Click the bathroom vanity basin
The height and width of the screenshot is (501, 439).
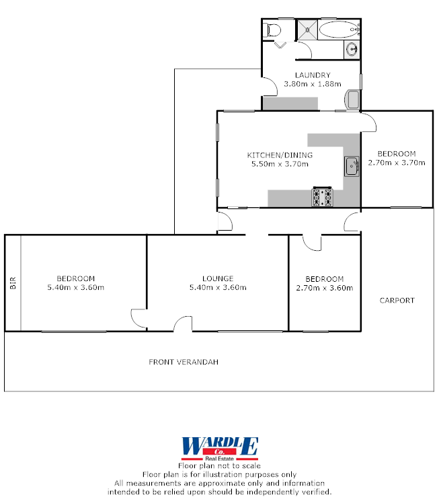point(352,49)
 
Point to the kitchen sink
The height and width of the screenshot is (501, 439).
point(352,166)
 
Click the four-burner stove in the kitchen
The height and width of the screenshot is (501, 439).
point(322,197)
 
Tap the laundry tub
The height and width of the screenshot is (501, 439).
point(352,100)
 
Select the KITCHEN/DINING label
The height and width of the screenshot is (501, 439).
point(279,155)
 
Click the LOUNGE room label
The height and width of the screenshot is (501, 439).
point(218,278)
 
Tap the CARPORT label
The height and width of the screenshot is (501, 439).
point(397,301)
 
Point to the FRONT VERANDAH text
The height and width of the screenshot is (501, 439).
point(184,362)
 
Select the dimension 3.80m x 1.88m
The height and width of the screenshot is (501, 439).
point(313,84)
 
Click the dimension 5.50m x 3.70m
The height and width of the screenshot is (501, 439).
point(279,163)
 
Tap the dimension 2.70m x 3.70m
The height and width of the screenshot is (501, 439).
point(397,162)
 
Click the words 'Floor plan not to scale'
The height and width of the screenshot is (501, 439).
point(219,465)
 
